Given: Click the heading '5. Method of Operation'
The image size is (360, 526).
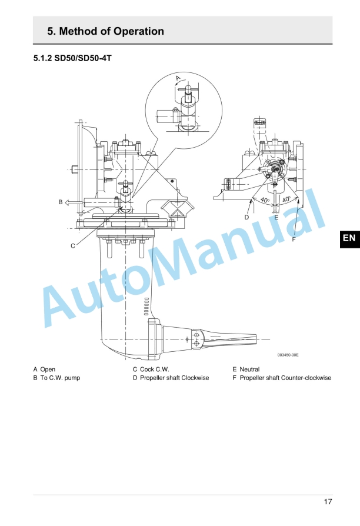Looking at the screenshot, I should (x=105, y=31).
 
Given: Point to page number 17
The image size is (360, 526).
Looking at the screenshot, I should (x=328, y=501).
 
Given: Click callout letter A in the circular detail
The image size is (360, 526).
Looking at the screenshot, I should (x=178, y=78).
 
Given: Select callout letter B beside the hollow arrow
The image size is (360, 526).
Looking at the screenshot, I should (x=60, y=202).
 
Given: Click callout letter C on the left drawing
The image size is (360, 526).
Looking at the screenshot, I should (x=73, y=245).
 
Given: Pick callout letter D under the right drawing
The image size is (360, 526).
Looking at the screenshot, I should (x=247, y=217).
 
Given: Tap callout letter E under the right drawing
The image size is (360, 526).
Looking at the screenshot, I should (x=276, y=217).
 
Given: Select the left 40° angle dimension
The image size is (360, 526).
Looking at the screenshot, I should (x=264, y=201).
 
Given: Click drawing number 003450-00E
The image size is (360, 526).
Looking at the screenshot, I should (x=288, y=355).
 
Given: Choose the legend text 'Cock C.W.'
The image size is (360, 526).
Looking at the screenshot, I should (x=155, y=369).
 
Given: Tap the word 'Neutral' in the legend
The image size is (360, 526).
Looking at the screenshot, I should (x=249, y=369).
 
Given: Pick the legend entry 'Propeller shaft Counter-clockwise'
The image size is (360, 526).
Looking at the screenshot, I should (x=285, y=378).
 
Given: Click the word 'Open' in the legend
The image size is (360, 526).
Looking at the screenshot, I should (x=48, y=369).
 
